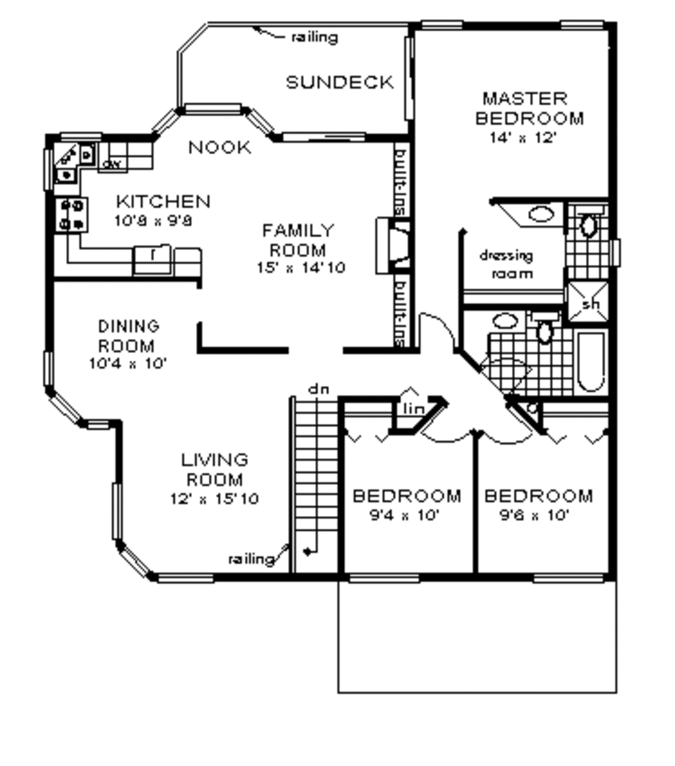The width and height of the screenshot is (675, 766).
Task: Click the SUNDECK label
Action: (x=339, y=82)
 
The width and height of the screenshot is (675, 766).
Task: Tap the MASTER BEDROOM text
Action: (x=529, y=109)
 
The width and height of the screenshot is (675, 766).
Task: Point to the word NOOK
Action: (x=220, y=148)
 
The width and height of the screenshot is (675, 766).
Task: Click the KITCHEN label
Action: (x=163, y=201)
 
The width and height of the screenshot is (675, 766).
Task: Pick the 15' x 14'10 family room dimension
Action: (x=301, y=267)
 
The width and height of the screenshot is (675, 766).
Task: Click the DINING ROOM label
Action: (x=129, y=336)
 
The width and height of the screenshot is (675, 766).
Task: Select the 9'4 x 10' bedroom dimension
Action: (x=404, y=515)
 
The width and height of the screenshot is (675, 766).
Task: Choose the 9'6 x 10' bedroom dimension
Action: (x=535, y=515)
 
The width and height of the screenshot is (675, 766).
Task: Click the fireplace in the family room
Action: (x=393, y=246)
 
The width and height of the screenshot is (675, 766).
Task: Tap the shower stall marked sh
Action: (x=589, y=303)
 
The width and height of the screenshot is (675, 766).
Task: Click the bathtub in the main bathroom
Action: (x=591, y=362)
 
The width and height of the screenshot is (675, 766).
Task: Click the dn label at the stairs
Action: (x=318, y=389)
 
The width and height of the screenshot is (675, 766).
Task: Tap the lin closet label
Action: (x=413, y=409)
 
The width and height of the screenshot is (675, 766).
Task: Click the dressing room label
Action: (x=506, y=264)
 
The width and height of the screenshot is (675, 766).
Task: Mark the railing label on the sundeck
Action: (x=314, y=37)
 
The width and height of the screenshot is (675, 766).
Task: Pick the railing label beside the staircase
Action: (x=251, y=559)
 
